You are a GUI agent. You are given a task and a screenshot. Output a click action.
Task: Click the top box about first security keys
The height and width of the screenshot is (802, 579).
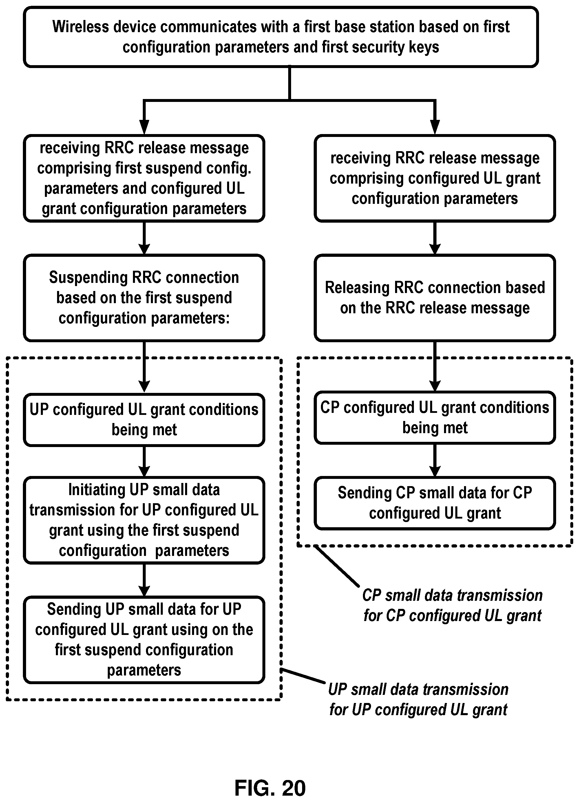pyautogui.click(x=281, y=37)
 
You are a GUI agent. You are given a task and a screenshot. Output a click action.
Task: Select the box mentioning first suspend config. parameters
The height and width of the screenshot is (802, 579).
pyautogui.click(x=144, y=178)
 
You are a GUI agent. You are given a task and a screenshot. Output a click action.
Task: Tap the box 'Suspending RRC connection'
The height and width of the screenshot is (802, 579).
pyautogui.click(x=144, y=298)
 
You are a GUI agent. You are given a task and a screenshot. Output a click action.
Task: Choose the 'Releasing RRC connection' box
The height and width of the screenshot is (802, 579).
pyautogui.click(x=435, y=298)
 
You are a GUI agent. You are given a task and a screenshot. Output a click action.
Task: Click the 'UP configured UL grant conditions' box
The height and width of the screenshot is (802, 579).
pyautogui.click(x=144, y=420)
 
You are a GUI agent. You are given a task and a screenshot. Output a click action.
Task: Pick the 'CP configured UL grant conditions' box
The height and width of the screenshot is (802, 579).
pyautogui.click(x=435, y=418)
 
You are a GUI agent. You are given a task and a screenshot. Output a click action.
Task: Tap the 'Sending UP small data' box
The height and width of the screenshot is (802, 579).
pyautogui.click(x=144, y=640)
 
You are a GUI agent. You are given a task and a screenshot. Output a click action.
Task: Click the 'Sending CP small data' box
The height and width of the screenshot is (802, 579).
pyautogui.click(x=435, y=503)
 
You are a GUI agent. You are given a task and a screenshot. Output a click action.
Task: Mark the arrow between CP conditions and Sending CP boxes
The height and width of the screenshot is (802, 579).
pyautogui.click(x=435, y=460)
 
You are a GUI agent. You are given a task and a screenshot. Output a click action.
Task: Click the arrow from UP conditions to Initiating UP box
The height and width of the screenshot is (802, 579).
pyautogui.click(x=144, y=462)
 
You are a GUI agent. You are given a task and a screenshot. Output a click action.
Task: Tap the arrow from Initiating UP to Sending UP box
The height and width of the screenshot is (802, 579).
pyautogui.click(x=144, y=580)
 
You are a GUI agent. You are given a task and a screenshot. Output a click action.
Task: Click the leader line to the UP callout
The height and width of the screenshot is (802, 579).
pyautogui.click(x=303, y=676)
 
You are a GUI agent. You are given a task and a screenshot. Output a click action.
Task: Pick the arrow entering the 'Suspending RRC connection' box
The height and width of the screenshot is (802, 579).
pyautogui.click(x=144, y=238)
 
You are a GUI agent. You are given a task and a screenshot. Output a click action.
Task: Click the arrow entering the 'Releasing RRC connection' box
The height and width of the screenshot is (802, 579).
pyautogui.click(x=435, y=238)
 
